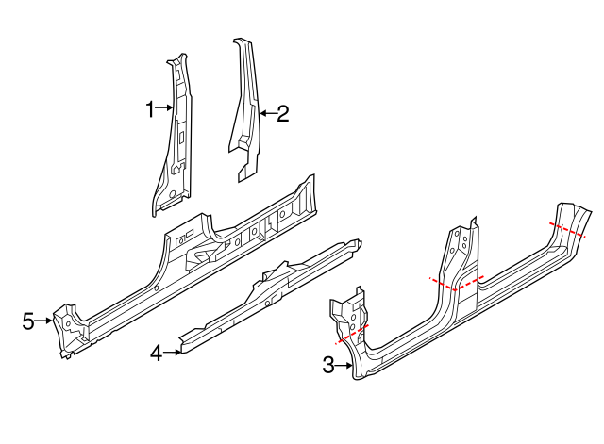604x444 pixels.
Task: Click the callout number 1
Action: click(x=149, y=110)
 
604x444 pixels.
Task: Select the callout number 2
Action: click(x=281, y=114)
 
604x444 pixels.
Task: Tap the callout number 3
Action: click(x=328, y=366)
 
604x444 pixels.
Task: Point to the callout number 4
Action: click(x=156, y=354)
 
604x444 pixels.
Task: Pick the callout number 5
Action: click(x=29, y=321)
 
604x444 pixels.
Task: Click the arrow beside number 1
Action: click(x=164, y=109)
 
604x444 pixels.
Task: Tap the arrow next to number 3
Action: click(x=344, y=366)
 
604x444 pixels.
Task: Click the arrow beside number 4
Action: click(x=172, y=354)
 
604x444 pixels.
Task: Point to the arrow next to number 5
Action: click(x=43, y=321)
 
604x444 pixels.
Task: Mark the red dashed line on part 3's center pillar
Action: click(x=457, y=282)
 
